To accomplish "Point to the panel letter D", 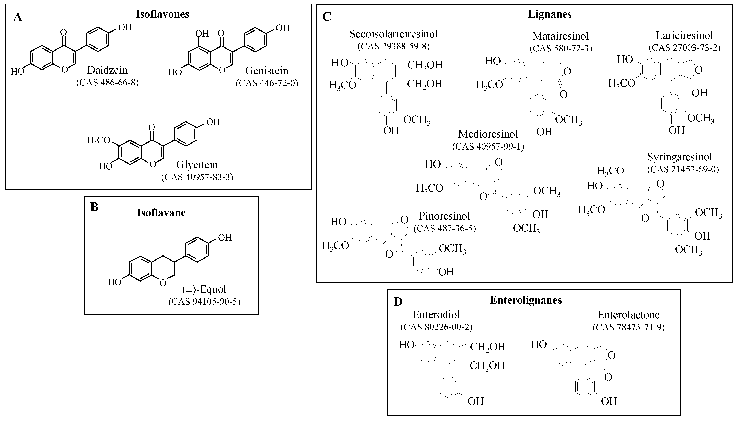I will pos(398,302).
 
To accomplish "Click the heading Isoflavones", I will pos(162,14).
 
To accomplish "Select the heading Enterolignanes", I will pos(526,300).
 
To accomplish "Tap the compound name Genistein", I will pos(267,71).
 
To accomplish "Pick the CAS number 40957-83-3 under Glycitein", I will pos(197,177).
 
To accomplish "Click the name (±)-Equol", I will pos(204,289).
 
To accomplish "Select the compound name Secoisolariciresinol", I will pos(393,34).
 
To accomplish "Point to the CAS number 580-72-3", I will pos(561,48).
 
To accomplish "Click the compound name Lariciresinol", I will pos(685,35).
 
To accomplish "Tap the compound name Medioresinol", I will pos(488,134).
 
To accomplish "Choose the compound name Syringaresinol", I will pos(680,157).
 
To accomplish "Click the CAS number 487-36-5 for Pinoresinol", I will pos(444,228).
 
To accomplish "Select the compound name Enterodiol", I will pos(436,315).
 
